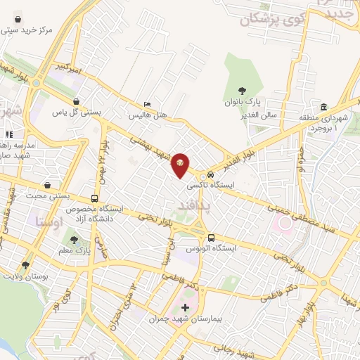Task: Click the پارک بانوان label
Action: point(243,103)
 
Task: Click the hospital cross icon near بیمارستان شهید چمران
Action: point(185,307)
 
